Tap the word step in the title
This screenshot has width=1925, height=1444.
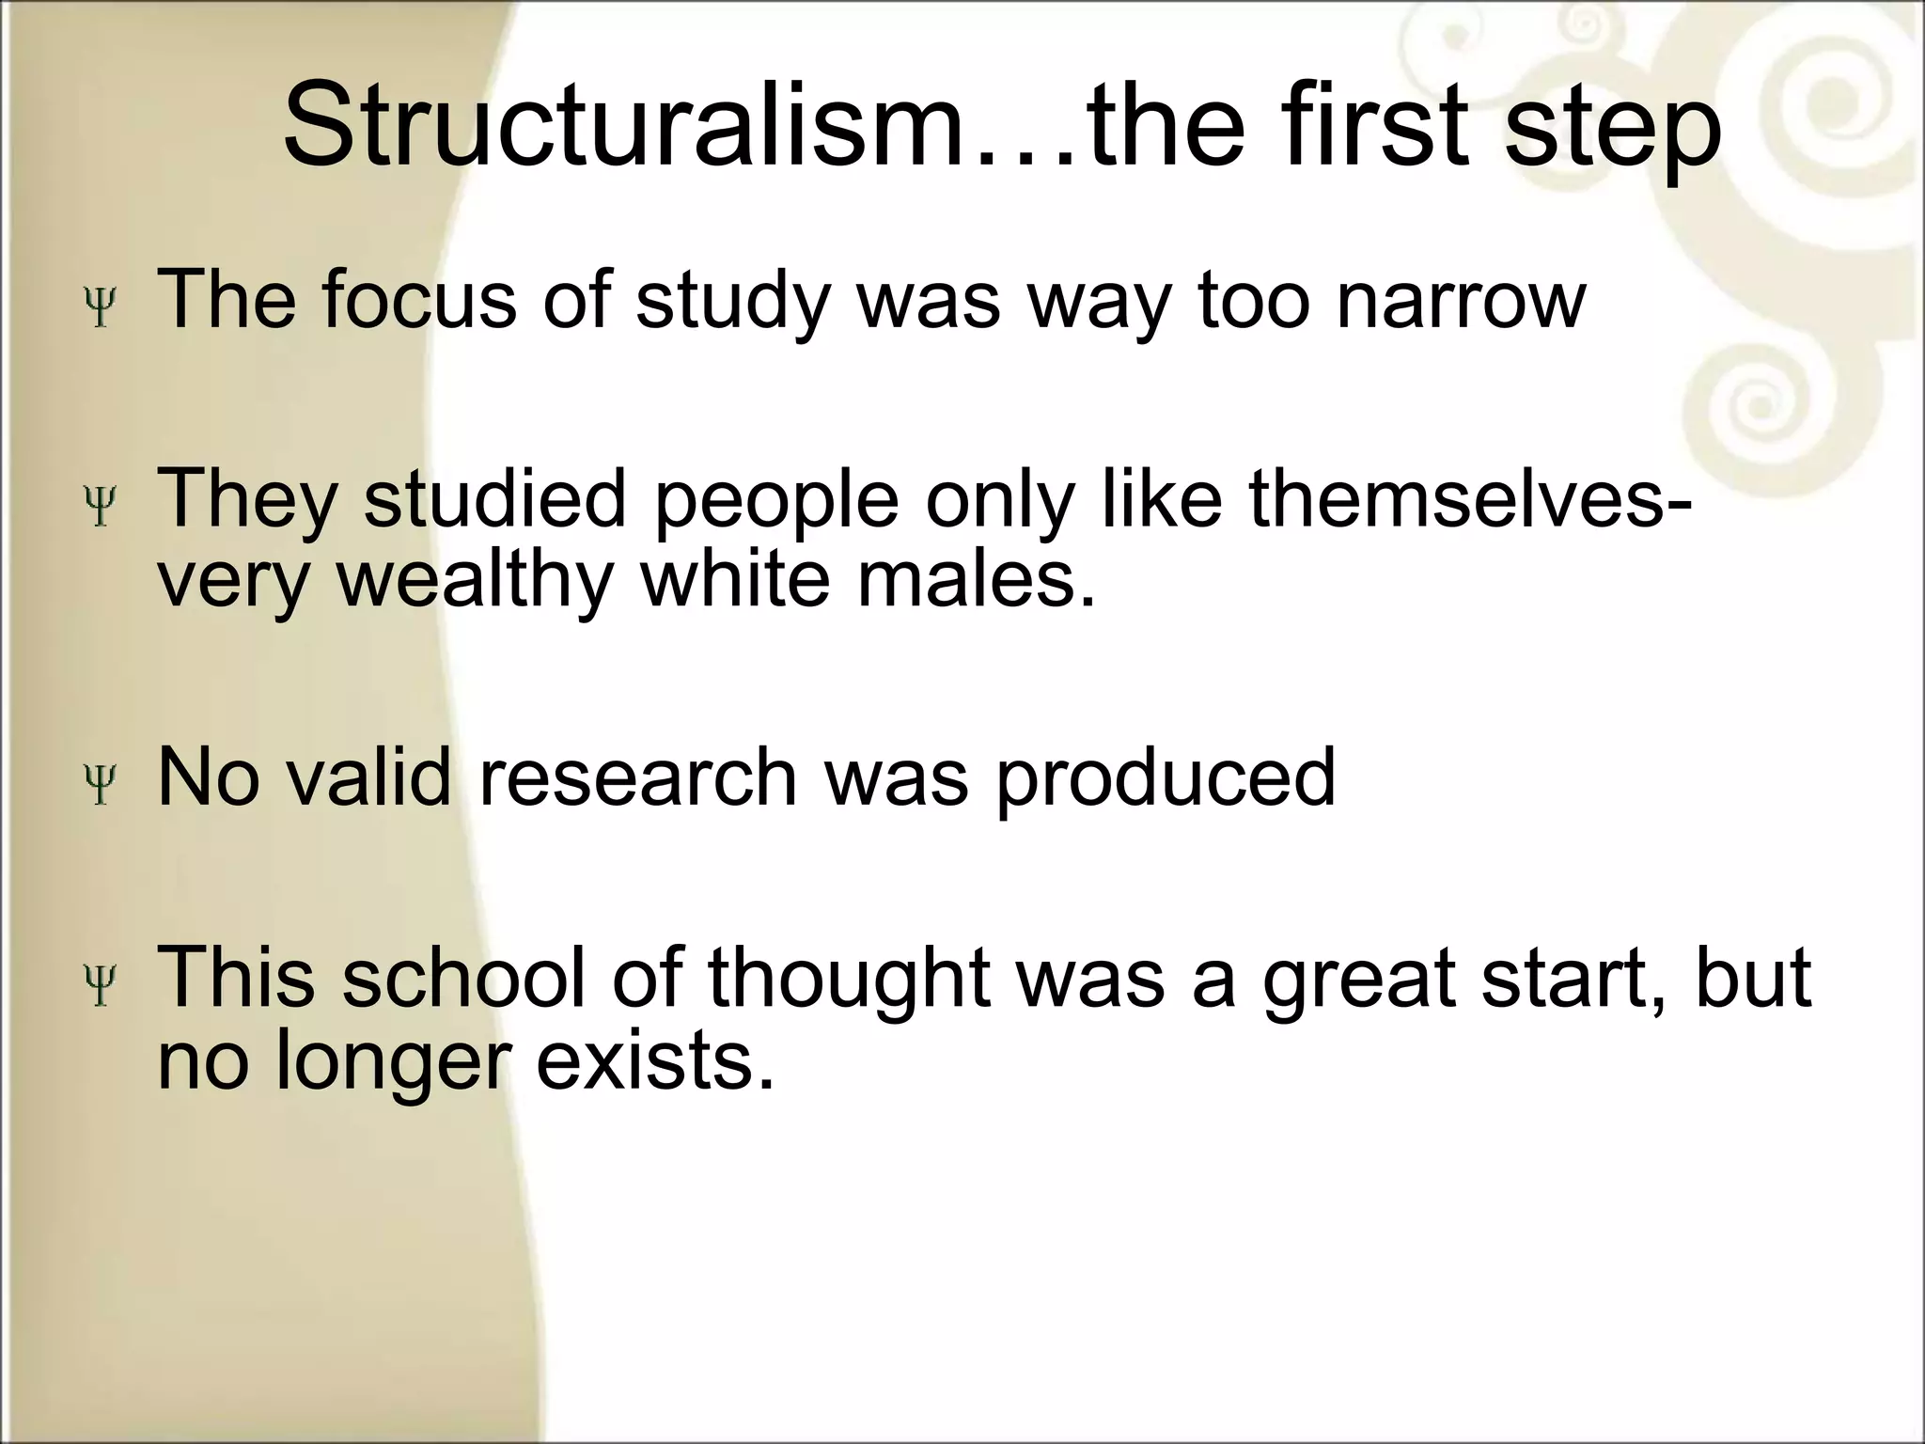click(1613, 132)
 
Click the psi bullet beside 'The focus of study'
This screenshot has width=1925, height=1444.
click(99, 306)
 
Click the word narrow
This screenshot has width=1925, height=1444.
click(1462, 299)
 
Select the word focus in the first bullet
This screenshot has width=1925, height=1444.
click(419, 299)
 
